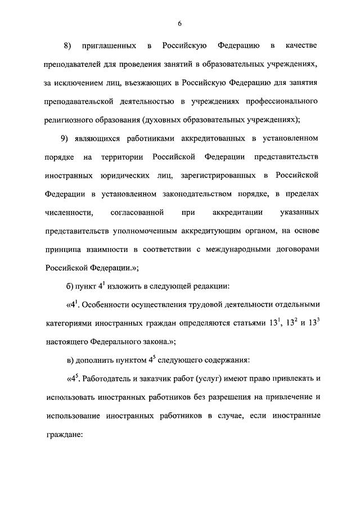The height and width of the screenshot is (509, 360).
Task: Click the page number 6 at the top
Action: [x=179, y=23]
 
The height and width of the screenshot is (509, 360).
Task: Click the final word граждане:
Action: [x=64, y=436]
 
